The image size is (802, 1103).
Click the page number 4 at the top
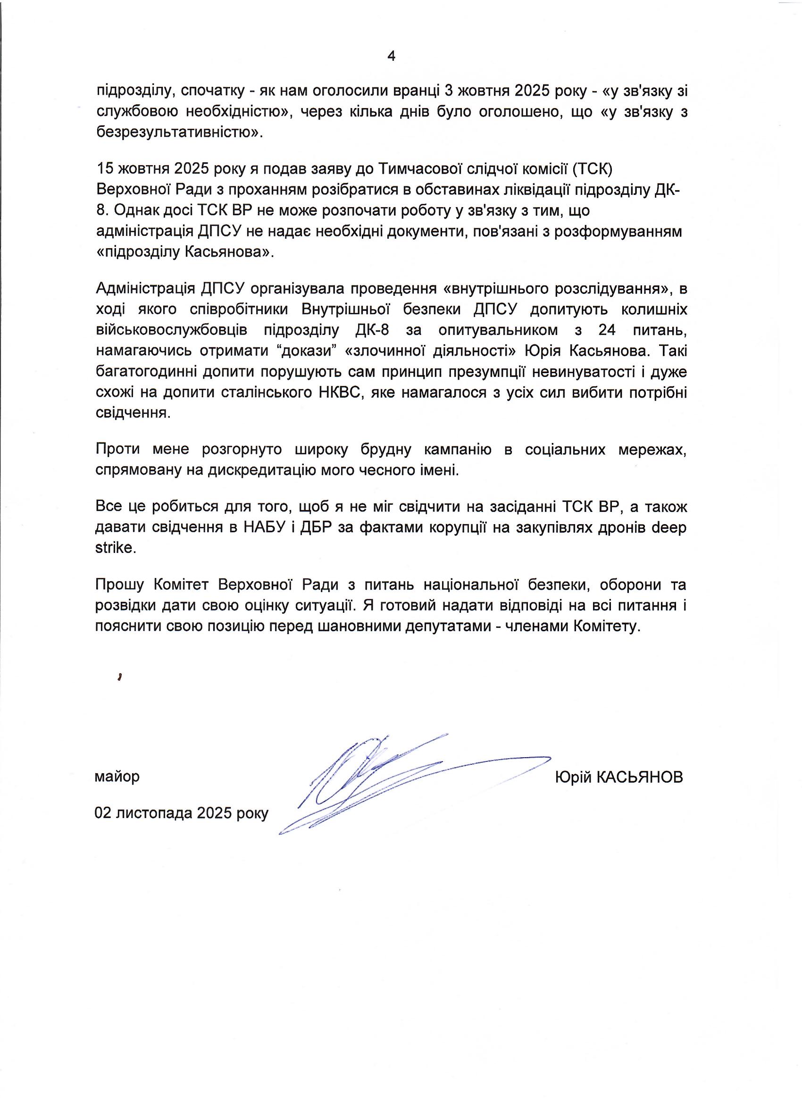point(391,57)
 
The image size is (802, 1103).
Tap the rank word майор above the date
point(117,776)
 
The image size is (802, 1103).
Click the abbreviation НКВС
point(339,393)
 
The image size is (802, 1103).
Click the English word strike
point(114,548)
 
